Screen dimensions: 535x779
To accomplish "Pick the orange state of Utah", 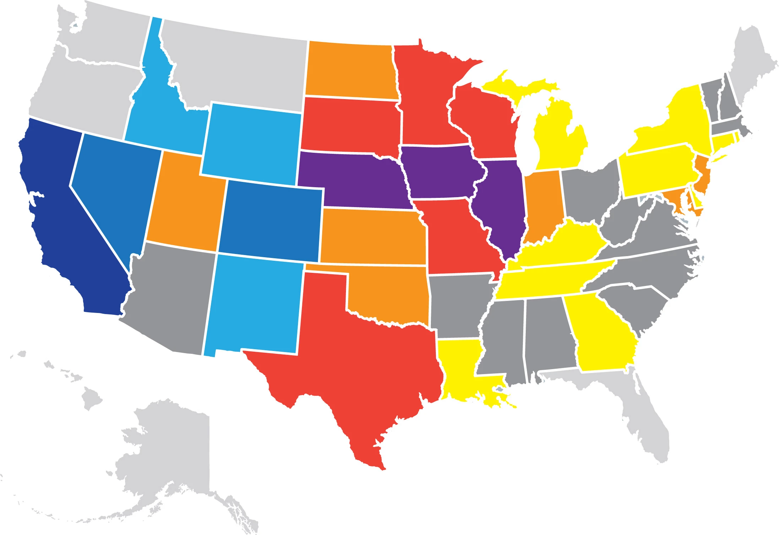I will coord(185,206).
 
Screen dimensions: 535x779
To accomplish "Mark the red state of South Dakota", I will coord(352,124).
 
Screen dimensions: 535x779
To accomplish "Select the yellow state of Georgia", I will coord(600,334).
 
